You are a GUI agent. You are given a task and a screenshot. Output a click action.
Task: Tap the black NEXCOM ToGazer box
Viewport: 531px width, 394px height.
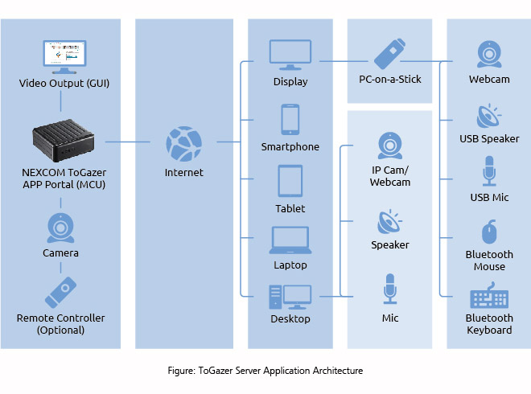[62, 142]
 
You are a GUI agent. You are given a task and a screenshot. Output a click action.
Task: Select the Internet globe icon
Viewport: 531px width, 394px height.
[183, 143]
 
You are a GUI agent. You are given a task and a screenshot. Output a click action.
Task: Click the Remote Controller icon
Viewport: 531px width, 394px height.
[61, 292]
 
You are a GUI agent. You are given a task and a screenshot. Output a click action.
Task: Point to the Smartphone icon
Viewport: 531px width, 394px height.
[290, 120]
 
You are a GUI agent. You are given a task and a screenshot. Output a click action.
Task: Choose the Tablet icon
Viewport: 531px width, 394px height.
[290, 181]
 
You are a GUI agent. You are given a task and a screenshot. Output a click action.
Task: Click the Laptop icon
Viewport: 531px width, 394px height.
[290, 240]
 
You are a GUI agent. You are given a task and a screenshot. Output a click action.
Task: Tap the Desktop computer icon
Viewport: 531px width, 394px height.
[290, 296]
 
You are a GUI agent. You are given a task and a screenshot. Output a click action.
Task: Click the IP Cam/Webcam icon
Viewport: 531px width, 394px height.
[390, 146]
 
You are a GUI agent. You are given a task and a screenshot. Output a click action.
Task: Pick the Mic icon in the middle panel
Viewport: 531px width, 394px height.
[390, 289]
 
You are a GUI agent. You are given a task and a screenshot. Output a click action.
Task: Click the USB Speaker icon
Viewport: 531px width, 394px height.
[489, 117]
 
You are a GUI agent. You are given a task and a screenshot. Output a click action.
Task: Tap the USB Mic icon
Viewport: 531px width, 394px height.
[489, 172]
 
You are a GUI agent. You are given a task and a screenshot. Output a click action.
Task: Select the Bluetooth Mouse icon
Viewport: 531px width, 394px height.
[489, 232]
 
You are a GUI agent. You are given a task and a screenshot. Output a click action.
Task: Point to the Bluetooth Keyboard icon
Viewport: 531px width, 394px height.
[489, 298]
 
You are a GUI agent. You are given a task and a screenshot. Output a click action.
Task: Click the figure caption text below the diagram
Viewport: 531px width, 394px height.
[265, 371]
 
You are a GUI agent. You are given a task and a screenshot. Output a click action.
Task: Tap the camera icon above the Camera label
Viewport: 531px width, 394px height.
[61, 228]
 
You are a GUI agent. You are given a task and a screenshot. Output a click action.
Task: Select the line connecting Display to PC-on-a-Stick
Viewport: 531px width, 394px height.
[343, 60]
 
